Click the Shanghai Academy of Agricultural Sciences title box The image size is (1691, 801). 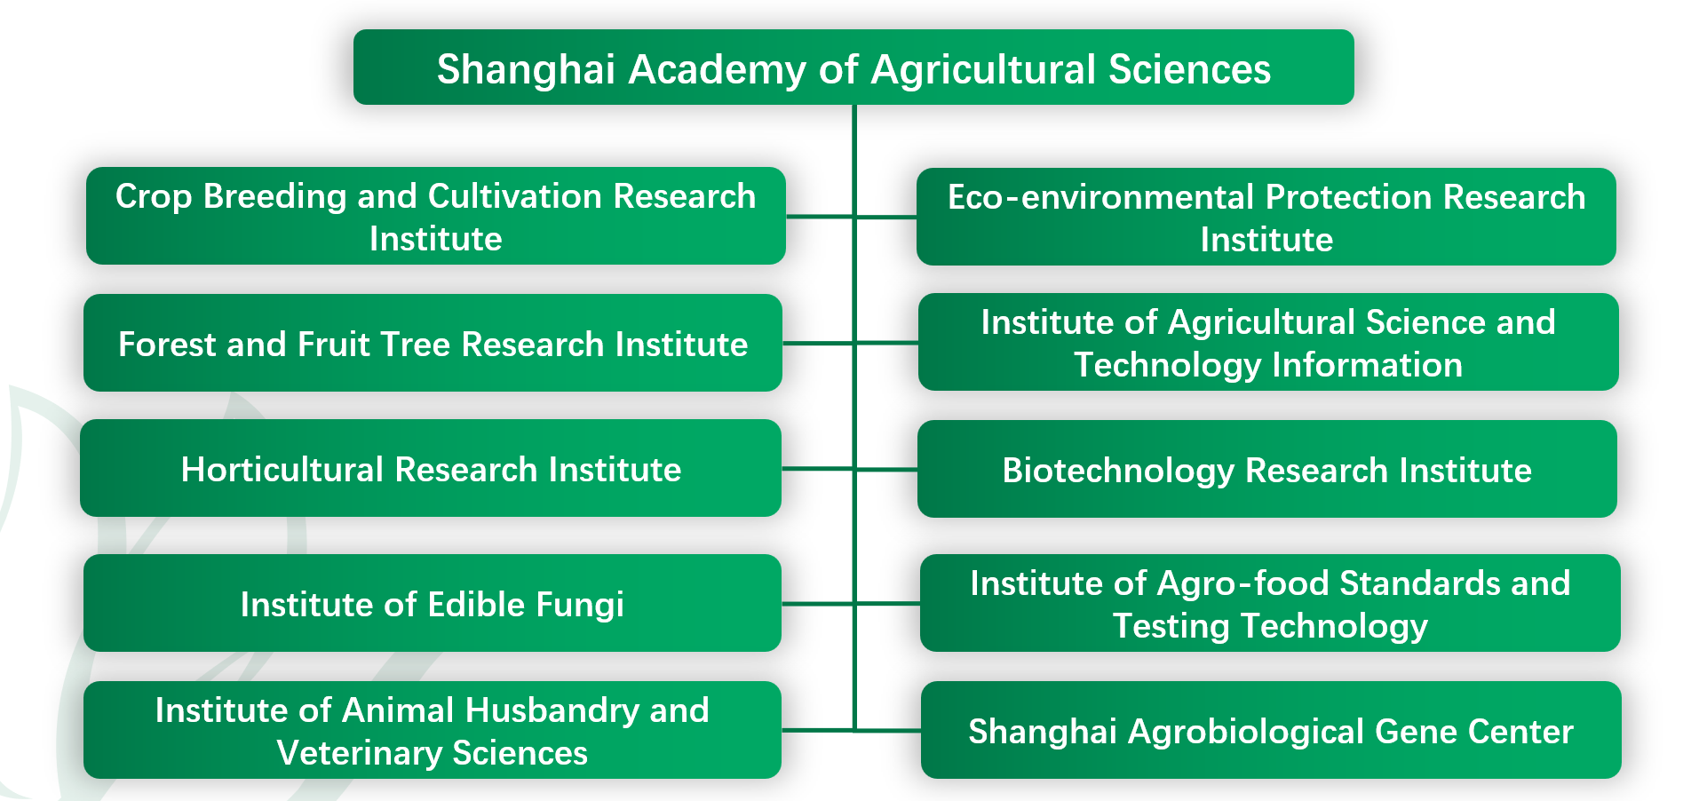click(853, 67)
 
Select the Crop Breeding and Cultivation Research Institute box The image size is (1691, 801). click(436, 216)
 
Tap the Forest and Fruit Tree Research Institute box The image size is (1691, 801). click(433, 343)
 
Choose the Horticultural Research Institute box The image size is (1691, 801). click(431, 468)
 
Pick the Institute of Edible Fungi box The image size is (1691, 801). click(433, 603)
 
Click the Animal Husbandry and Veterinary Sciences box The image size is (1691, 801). click(433, 730)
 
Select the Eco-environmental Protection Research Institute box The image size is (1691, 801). click(1266, 217)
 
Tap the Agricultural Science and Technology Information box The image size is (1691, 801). click(1268, 342)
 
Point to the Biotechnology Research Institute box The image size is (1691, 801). click(1267, 469)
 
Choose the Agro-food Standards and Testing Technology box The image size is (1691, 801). click(1270, 603)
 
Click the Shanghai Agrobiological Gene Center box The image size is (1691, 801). click(1271, 730)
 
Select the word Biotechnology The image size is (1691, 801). click(1118, 472)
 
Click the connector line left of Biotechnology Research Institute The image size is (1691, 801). click(886, 469)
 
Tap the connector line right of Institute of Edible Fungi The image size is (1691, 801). click(817, 604)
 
